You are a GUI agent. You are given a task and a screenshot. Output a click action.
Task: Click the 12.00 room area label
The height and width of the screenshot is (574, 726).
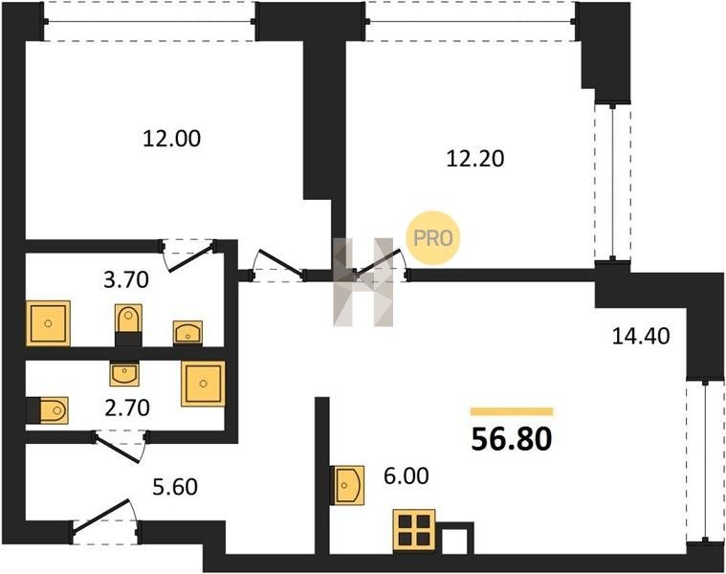(x=172, y=139)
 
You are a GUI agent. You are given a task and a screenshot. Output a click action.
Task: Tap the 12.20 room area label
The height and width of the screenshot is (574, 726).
(x=475, y=159)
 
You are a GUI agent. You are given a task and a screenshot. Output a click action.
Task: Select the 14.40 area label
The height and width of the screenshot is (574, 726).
(x=641, y=336)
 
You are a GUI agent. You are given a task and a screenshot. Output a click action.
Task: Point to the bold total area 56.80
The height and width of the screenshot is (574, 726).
(x=512, y=439)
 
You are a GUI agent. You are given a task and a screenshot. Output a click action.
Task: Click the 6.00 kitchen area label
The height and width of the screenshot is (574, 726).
(x=407, y=475)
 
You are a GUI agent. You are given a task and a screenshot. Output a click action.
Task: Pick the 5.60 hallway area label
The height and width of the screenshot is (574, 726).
(x=175, y=487)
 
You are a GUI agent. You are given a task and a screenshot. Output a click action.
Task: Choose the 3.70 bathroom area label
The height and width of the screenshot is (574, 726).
(x=126, y=280)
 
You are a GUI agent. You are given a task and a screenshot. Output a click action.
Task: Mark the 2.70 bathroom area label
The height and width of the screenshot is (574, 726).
(x=127, y=408)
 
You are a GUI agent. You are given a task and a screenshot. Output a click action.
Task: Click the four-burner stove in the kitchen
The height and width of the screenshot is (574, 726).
(x=414, y=531)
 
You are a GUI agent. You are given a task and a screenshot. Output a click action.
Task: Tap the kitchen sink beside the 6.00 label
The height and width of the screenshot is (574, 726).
(x=348, y=485)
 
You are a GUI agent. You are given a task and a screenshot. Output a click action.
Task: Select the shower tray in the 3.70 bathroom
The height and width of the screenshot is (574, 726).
(x=48, y=323)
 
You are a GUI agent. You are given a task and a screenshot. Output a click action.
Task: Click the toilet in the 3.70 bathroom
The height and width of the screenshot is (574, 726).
(x=128, y=324)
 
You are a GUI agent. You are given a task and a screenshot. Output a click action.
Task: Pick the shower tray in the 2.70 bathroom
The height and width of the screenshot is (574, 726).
(x=204, y=384)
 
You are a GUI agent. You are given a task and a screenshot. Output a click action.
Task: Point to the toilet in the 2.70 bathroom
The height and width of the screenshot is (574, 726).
(x=47, y=410)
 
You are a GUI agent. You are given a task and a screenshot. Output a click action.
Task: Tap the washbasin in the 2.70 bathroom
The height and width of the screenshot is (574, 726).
(x=124, y=373)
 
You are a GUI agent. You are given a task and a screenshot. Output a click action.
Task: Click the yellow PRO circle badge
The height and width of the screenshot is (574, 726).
(x=433, y=238)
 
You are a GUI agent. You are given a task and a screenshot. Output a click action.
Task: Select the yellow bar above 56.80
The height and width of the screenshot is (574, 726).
(x=512, y=411)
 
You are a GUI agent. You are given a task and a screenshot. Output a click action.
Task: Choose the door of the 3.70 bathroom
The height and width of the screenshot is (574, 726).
(x=188, y=255)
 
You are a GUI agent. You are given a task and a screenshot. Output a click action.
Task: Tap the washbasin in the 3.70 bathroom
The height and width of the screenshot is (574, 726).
(x=187, y=332)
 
